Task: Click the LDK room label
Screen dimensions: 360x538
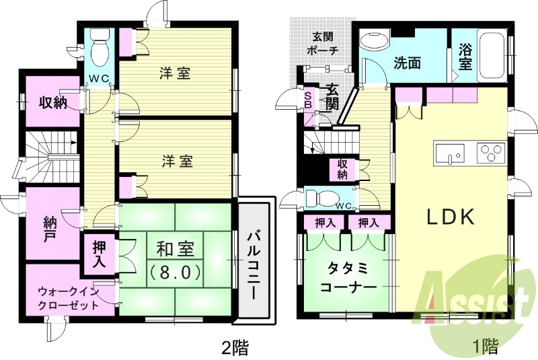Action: [451, 217]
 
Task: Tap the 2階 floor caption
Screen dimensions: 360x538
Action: [235, 347]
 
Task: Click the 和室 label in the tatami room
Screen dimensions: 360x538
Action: [176, 250]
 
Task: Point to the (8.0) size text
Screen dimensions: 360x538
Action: [176, 273]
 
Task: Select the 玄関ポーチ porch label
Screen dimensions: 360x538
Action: [321, 44]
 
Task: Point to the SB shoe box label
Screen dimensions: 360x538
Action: [308, 100]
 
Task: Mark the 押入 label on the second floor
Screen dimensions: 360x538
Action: [98, 254]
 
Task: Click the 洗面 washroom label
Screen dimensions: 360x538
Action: [408, 64]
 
